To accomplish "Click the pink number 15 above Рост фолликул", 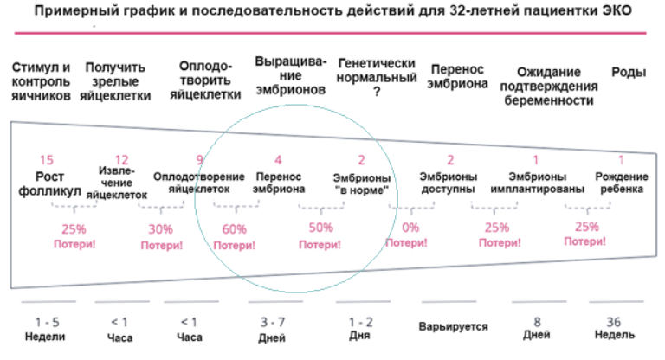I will click(46, 159).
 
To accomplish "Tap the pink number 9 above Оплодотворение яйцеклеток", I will click(199, 159).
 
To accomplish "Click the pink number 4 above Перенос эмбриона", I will click(278, 159).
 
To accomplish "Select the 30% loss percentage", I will click(160, 230).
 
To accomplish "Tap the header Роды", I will click(629, 73).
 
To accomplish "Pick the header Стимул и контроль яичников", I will click(40, 81).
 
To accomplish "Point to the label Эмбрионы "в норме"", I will click(361, 183).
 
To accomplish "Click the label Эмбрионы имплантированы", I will click(535, 183).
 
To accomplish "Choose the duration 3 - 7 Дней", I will click(272, 327).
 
